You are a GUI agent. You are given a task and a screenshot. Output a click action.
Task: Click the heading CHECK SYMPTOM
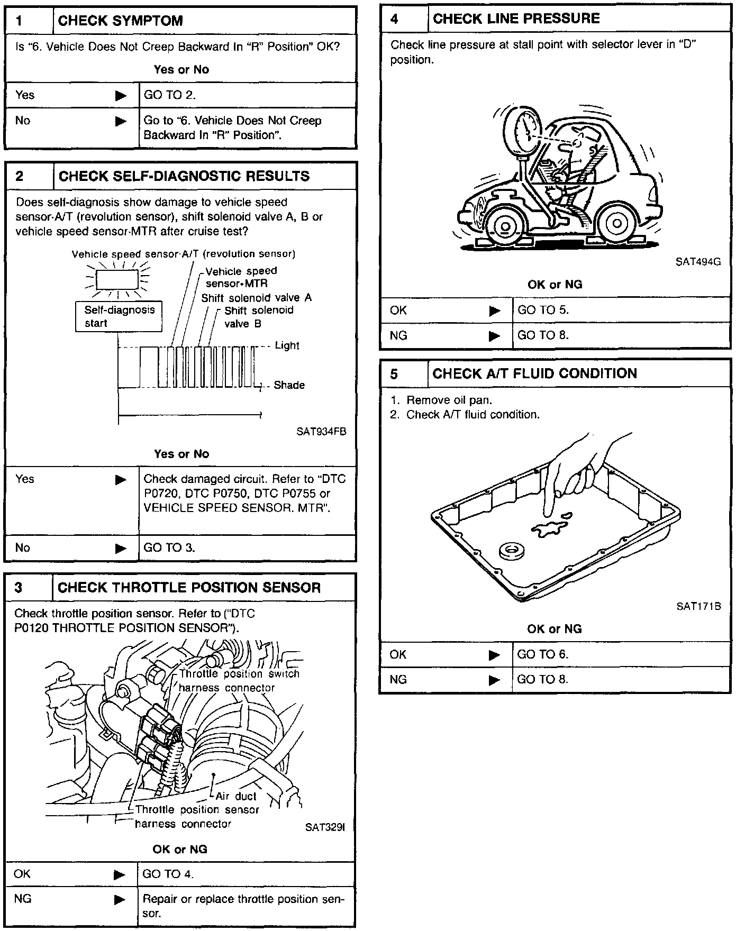(x=120, y=21)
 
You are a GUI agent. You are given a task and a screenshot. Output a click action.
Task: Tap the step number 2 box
(x=29, y=176)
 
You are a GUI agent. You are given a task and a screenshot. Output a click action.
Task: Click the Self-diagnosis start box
(x=119, y=316)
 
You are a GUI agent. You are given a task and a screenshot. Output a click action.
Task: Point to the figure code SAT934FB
(x=321, y=431)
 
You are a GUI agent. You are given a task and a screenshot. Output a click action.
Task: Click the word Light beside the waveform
(x=287, y=345)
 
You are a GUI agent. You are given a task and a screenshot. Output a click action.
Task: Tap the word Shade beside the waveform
(x=289, y=385)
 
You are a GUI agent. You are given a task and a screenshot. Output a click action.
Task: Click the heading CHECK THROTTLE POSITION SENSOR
(x=189, y=588)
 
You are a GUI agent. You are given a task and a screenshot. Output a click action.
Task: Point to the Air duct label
(x=236, y=796)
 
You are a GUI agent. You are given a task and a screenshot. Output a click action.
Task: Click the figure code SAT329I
(x=325, y=827)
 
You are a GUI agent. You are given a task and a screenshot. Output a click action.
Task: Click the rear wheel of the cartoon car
(x=617, y=223)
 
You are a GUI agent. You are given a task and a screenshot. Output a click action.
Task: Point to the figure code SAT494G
(x=698, y=261)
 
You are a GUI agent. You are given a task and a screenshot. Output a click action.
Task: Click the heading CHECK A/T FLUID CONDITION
(x=534, y=373)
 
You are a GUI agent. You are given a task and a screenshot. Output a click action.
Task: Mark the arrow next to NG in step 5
(x=494, y=680)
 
